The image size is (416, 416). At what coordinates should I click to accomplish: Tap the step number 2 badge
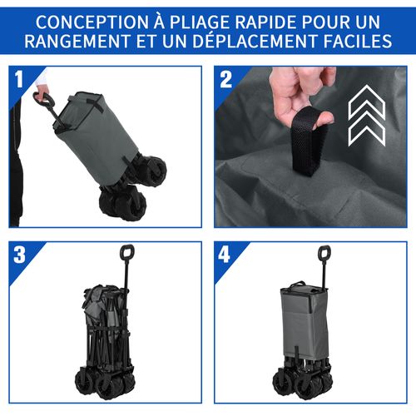click(225, 78)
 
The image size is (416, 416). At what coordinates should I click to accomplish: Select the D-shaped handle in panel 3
click(127, 251)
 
